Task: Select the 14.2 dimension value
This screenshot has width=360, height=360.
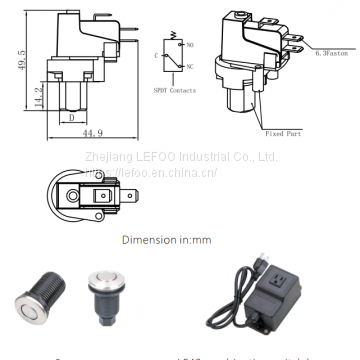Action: pos(38,97)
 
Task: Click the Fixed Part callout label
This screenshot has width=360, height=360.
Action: pos(283,131)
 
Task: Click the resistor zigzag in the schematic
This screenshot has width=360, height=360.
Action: pos(177,45)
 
